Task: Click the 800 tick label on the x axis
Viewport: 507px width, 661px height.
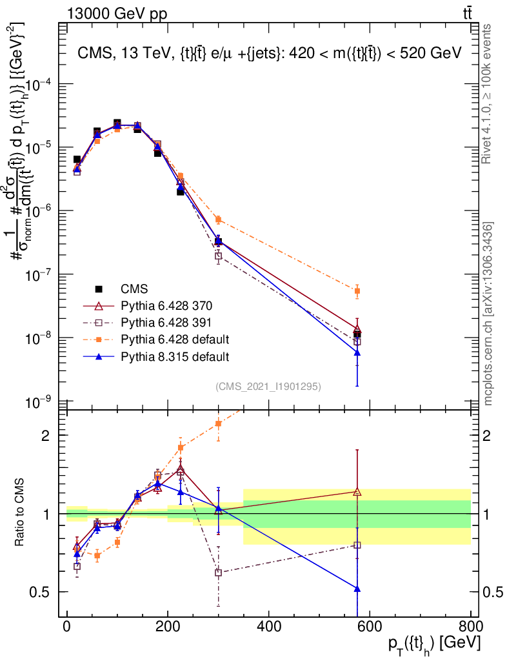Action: click(470, 626)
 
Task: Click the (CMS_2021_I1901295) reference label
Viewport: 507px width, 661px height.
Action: click(268, 386)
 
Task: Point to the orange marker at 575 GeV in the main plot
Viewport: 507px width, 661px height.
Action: click(357, 291)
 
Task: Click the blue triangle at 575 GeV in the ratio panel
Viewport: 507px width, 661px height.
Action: click(357, 589)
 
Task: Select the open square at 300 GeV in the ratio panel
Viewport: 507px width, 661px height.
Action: click(218, 573)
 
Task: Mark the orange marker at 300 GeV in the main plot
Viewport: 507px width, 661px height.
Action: click(218, 219)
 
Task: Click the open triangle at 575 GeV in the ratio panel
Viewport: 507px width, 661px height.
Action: click(357, 492)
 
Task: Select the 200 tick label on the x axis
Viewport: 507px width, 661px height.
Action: click(168, 626)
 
